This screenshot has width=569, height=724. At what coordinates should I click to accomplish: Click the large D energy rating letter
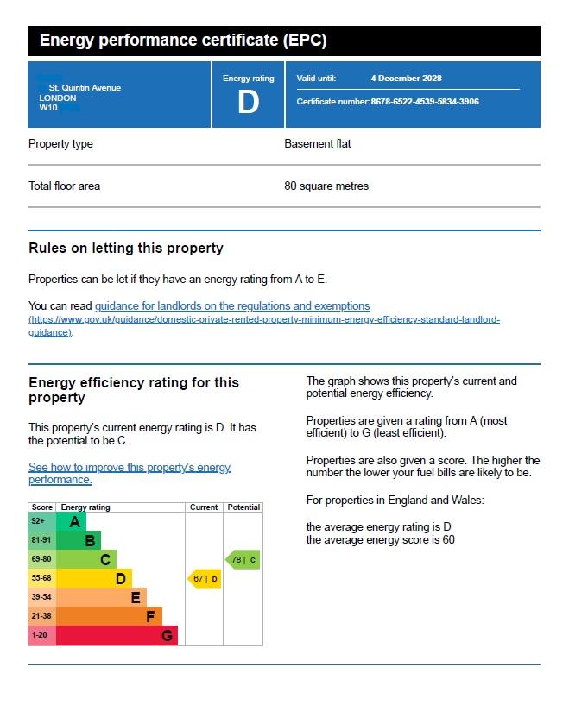[248, 102]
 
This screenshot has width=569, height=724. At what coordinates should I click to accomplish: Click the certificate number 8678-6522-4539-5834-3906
[425, 102]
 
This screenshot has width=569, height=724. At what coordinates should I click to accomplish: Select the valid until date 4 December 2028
[406, 78]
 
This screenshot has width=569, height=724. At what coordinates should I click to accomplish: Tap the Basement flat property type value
[317, 143]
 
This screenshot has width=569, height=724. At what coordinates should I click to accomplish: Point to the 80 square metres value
[326, 186]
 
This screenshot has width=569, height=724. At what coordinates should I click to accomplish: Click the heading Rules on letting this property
[125, 248]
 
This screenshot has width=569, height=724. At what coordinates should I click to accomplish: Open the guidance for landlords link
[232, 305]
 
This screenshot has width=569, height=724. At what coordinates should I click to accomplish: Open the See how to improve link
[130, 473]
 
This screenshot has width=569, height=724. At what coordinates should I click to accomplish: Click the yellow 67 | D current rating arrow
[205, 578]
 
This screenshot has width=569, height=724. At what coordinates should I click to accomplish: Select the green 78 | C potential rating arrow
[243, 560]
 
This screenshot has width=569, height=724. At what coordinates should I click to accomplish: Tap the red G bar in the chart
[117, 635]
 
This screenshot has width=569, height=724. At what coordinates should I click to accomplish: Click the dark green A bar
[71, 522]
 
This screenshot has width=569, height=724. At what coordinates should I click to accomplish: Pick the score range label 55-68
[41, 578]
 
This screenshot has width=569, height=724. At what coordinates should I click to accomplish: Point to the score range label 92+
[38, 521]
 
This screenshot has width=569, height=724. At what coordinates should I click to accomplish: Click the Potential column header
[243, 507]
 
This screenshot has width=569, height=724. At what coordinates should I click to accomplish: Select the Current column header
[204, 507]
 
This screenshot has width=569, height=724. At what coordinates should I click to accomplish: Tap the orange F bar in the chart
[109, 616]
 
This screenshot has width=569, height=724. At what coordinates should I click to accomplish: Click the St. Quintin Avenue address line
[85, 88]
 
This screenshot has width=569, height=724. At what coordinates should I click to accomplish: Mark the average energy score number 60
[448, 540]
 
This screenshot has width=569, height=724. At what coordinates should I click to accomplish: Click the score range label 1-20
[39, 635]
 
